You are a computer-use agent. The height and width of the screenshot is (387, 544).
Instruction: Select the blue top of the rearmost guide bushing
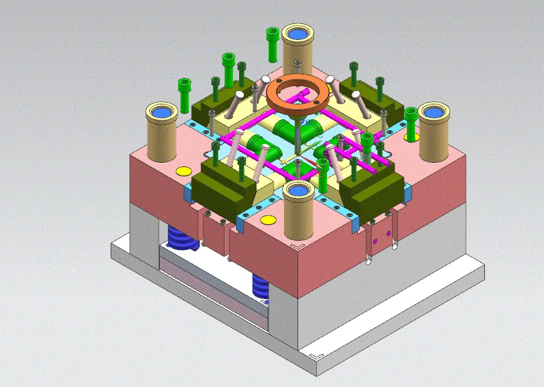point(298,33)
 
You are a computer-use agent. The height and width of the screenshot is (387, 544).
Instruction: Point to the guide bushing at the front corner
point(299,215)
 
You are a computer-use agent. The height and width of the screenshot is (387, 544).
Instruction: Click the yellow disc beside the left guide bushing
point(183,171)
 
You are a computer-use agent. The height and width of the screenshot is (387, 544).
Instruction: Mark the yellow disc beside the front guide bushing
point(267,219)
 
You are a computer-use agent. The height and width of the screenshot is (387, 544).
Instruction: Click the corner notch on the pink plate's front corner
point(298,246)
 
